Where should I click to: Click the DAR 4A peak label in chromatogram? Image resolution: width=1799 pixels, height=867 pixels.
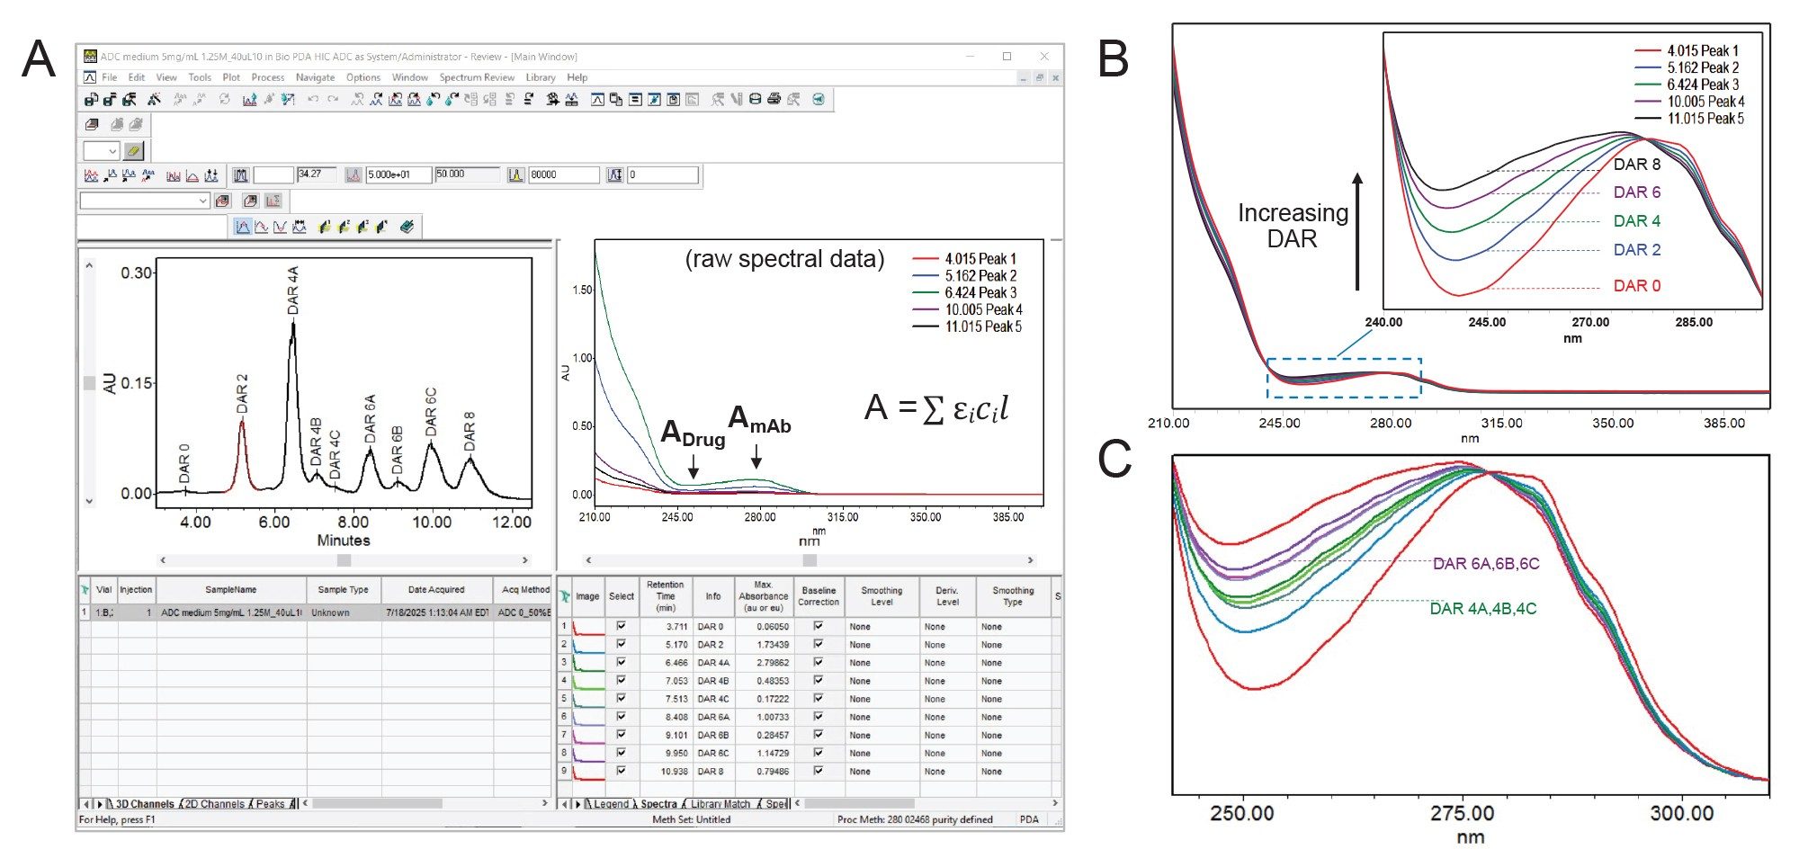(x=292, y=290)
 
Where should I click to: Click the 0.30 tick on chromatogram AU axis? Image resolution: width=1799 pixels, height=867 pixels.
(x=136, y=273)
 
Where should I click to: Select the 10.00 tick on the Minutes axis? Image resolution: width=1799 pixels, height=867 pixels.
(x=432, y=522)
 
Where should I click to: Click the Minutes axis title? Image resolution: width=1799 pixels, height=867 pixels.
(x=343, y=541)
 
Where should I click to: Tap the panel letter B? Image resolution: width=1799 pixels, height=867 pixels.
(x=1114, y=59)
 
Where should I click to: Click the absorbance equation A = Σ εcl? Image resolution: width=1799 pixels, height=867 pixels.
(x=935, y=408)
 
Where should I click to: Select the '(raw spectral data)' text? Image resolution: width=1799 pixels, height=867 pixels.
(x=784, y=259)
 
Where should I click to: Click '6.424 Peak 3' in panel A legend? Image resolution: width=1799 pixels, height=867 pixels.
(x=980, y=292)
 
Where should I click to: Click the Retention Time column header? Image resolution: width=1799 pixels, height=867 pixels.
(x=665, y=595)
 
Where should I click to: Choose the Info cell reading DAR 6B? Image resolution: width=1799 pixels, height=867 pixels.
(x=712, y=735)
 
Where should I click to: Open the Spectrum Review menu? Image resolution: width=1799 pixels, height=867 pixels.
(x=476, y=77)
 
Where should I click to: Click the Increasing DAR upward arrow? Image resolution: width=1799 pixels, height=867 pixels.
(x=1357, y=231)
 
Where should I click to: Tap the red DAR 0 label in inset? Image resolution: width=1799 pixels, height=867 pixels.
(x=1636, y=286)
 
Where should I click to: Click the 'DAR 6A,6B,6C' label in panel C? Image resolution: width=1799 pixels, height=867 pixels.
(x=1485, y=564)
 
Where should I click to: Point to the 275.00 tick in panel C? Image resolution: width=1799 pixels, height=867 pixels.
(x=1462, y=813)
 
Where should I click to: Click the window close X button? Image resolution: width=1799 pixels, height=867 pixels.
(x=1043, y=56)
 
